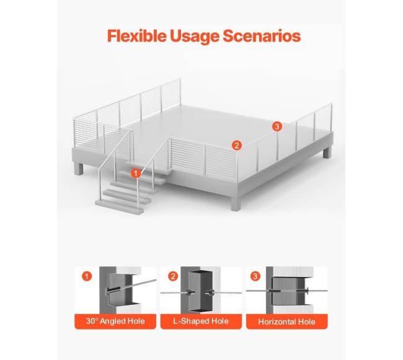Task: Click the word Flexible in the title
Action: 137,36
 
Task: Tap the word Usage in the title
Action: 195,37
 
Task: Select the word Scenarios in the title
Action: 262,36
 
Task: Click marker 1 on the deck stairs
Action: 136,173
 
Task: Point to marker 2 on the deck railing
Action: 236,146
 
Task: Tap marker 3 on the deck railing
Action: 277,126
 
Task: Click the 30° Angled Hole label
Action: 115,321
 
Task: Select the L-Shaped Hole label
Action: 201,321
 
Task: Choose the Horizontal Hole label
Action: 287,322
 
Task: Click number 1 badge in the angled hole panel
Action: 87,276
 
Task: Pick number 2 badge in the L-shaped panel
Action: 173,276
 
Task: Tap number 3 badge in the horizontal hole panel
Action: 255,276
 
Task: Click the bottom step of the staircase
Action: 120,207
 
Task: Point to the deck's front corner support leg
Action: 236,203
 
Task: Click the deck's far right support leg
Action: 327,152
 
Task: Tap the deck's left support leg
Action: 79,169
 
